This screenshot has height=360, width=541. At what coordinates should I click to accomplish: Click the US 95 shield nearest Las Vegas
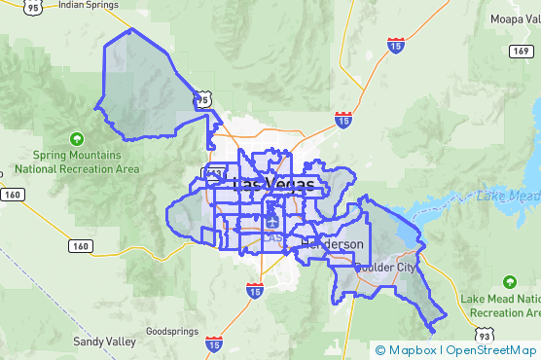tap(201, 99)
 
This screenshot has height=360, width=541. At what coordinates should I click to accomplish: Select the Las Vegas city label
tap(274, 184)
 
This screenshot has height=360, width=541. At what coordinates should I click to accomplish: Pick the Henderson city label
tap(334, 243)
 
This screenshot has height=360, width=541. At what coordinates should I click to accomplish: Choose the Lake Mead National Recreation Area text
tap(501, 306)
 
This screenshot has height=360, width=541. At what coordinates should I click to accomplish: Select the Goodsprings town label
tap(172, 331)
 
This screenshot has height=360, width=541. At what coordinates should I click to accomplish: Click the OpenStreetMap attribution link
tap(491, 350)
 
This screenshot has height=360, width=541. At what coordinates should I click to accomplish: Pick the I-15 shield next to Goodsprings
tap(213, 343)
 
